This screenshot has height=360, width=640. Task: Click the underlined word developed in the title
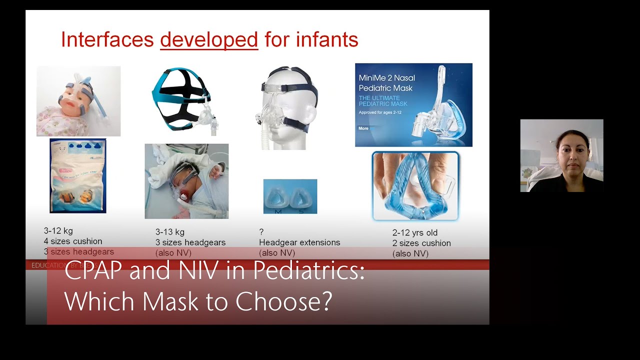209,39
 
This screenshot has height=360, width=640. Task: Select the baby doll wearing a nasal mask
78,101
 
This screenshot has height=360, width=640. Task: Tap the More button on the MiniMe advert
363,128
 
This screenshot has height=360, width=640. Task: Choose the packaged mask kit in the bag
78,176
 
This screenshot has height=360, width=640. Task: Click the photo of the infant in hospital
186,181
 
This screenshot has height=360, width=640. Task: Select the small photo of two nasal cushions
290,196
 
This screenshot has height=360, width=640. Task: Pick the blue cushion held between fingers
415,186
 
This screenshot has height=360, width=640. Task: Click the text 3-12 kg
58,231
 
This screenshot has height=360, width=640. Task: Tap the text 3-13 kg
170,232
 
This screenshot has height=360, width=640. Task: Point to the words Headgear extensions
299,242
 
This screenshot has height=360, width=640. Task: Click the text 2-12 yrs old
415,233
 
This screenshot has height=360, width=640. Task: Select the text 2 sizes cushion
421,243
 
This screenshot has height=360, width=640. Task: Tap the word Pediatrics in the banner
309,271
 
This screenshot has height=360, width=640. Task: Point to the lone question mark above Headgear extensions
261,232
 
